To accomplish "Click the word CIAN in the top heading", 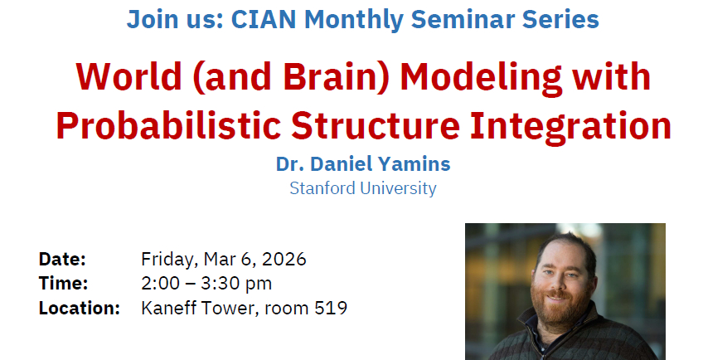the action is [264, 20].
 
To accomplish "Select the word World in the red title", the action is [128, 77].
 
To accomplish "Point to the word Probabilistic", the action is [169, 126].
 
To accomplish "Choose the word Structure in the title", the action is [376, 126].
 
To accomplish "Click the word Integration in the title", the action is [570, 127].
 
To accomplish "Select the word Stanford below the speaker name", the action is [322, 188].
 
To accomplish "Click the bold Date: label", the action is [62, 259].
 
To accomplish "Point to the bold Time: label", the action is [64, 283].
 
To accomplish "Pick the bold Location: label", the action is [80, 308].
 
